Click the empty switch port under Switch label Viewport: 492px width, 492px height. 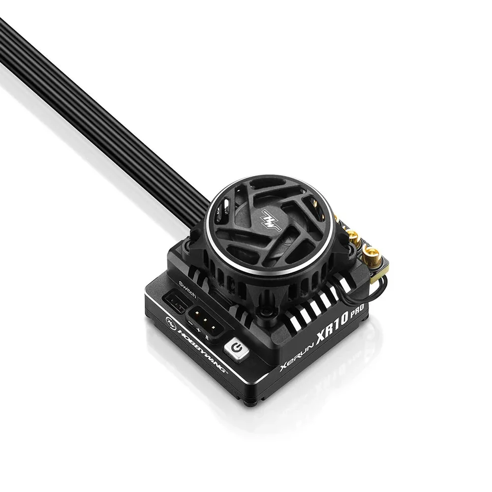tap(175, 303)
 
